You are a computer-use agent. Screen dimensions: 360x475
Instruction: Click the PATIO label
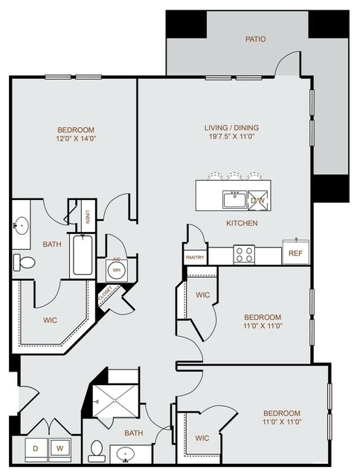255,39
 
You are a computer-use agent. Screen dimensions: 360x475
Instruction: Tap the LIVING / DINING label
231,128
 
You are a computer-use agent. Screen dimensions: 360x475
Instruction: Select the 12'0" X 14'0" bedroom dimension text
76,139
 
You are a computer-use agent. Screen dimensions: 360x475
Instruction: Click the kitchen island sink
234,199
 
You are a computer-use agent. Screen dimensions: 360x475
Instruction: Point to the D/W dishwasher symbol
258,200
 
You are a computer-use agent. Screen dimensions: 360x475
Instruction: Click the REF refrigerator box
296,252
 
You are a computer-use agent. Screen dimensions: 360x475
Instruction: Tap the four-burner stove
244,254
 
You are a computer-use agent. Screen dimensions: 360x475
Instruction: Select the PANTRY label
195,257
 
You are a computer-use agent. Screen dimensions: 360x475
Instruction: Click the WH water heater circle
116,270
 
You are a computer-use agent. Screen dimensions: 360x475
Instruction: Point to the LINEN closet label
87,216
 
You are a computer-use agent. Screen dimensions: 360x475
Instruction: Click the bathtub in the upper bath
83,255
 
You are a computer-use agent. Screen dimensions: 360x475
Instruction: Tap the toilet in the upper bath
25,262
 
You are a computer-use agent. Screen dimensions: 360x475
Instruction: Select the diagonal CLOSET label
105,294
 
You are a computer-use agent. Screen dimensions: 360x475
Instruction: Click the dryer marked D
36,449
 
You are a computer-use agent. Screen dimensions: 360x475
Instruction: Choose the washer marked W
60,449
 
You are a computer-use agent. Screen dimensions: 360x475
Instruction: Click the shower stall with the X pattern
115,401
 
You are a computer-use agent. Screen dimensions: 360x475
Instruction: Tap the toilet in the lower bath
97,451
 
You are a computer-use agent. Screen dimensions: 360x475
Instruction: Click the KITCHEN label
242,223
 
